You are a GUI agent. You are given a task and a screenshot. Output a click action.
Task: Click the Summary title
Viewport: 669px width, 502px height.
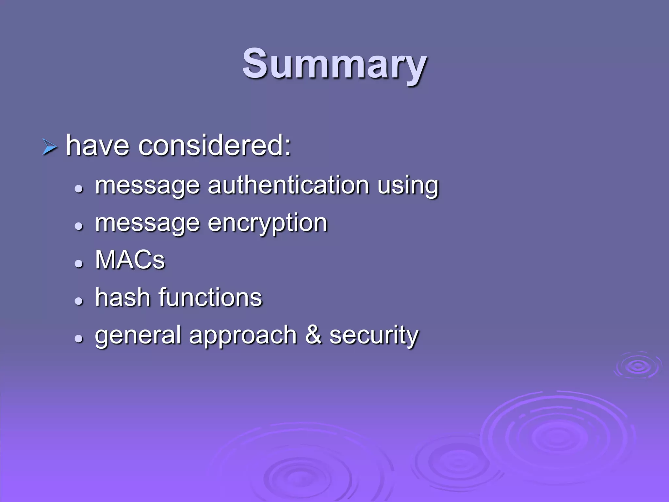(334, 64)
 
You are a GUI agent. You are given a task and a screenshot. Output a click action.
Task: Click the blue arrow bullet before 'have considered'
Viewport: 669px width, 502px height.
(50, 147)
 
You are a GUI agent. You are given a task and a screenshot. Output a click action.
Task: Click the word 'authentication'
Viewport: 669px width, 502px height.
(288, 185)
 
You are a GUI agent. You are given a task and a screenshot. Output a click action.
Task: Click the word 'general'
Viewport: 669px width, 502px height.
(138, 336)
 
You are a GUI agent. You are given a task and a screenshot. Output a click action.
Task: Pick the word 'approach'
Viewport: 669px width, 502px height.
(243, 336)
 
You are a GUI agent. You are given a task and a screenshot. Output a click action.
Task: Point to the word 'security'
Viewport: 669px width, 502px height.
(374, 336)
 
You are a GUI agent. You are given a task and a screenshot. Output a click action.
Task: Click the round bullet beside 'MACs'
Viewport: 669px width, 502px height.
(79, 263)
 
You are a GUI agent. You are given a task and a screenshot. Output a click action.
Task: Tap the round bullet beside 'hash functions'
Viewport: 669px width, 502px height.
(79, 301)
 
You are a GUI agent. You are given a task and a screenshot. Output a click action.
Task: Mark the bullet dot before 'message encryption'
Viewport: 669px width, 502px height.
(79, 226)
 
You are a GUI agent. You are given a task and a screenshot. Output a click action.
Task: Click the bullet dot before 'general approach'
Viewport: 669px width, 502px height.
(79, 339)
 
